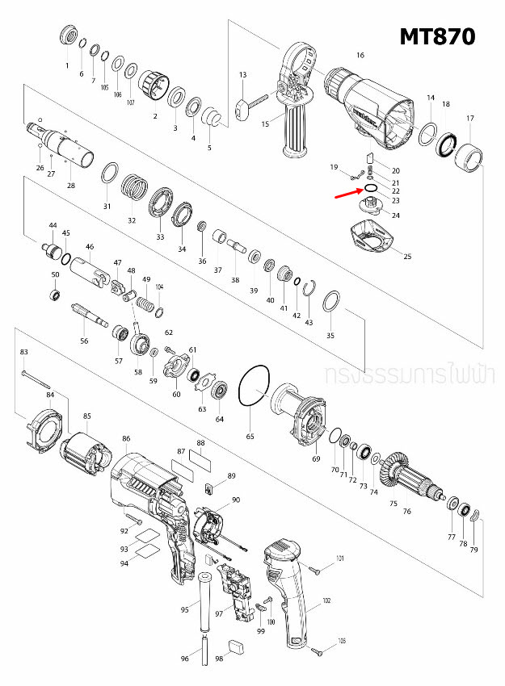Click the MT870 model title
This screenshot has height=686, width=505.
pos(436,36)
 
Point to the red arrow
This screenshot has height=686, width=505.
pos(349,191)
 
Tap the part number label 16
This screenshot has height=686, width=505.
pos(360,56)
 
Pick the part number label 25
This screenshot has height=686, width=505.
pos(407,257)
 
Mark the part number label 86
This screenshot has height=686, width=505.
pos(126,439)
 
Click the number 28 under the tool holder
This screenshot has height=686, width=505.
pos(71,186)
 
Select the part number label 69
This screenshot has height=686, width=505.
pos(316,459)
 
